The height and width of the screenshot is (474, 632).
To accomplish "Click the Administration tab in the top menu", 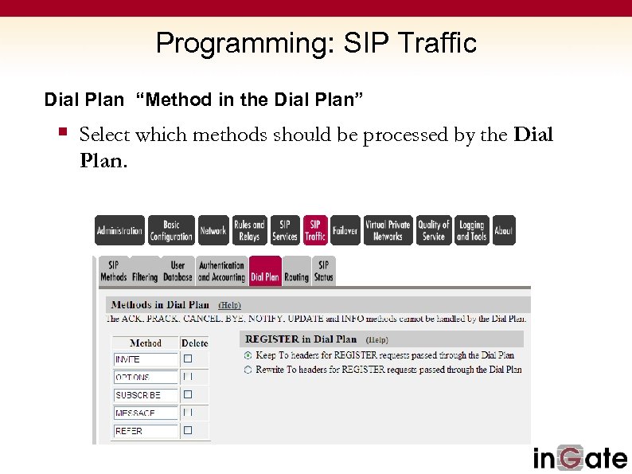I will tap(119, 230).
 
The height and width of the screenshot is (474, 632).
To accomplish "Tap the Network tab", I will tap(213, 230).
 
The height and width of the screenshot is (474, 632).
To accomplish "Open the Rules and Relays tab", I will tap(249, 230).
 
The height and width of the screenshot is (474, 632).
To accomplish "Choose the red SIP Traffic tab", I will tap(315, 230).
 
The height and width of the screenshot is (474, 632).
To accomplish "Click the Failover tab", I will tap(345, 230).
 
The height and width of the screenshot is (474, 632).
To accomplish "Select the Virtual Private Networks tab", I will tap(388, 230).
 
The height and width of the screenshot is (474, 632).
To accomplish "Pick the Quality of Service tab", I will tap(434, 230).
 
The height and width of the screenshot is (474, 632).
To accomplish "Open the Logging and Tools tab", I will tap(471, 230).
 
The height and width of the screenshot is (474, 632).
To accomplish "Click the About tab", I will tap(504, 230).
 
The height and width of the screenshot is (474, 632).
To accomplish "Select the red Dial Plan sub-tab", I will tap(265, 272).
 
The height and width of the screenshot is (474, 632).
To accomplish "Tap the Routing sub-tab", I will tap(296, 272).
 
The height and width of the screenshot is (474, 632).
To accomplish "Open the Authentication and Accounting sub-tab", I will tap(221, 272).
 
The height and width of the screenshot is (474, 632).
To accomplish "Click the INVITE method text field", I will tap(146, 359).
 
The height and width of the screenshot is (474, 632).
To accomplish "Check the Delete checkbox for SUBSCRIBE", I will tap(188, 394).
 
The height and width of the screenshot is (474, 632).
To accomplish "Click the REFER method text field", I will tap(146, 431).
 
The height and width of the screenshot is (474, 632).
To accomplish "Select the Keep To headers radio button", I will tap(248, 355).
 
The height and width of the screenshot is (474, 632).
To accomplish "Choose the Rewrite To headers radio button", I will tap(248, 370).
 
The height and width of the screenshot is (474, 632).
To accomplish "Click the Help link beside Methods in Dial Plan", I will tap(229, 305).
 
